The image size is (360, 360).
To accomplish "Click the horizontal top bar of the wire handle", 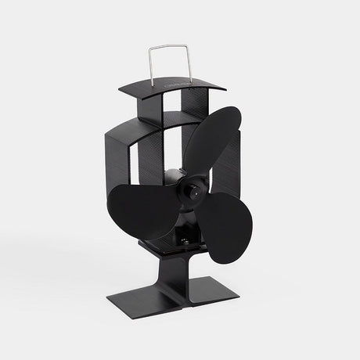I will pos(163,49).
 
